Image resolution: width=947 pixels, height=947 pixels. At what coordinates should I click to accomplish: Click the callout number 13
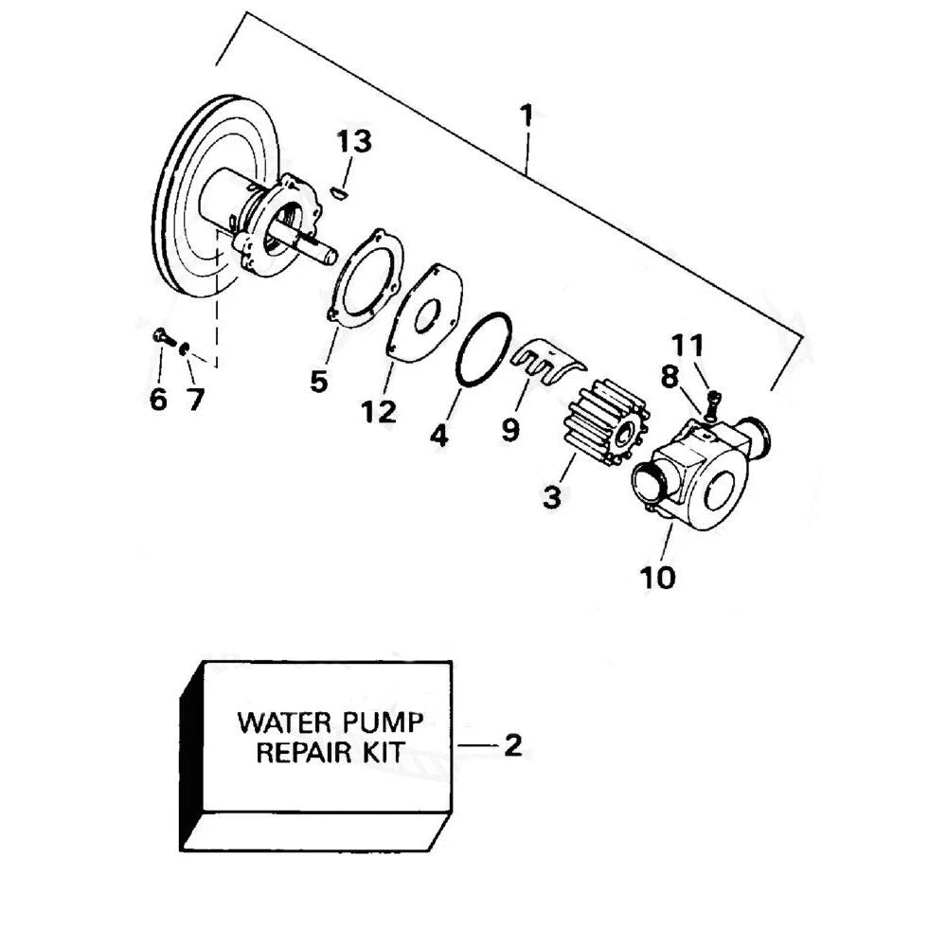click(x=353, y=142)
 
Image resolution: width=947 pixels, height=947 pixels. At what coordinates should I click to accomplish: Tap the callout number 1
click(x=527, y=116)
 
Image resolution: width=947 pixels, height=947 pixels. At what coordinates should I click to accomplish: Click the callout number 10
click(x=658, y=576)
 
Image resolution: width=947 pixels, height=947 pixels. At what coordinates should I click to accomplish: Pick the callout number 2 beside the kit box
click(x=512, y=745)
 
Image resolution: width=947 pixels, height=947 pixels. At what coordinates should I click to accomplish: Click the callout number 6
click(x=158, y=399)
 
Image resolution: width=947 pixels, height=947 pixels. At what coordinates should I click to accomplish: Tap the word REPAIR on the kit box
click(x=301, y=755)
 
